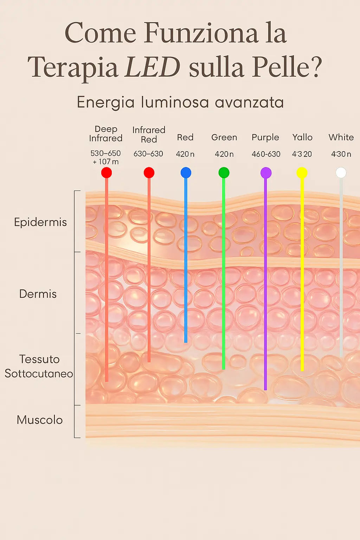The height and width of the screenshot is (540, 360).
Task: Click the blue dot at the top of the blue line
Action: point(186,173)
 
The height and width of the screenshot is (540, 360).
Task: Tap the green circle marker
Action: point(224,173)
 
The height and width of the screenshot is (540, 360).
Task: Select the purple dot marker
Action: point(266,173)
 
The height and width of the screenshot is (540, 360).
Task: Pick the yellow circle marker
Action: point(302,173)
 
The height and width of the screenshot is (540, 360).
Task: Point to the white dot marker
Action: point(341,173)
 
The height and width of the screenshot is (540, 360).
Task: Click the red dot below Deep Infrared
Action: point(107,173)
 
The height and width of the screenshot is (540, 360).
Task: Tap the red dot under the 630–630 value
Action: point(149,173)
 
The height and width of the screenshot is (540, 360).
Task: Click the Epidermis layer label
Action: point(40,222)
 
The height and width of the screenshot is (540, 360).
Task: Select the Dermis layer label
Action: point(38,294)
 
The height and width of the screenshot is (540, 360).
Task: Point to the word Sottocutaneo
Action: point(39,373)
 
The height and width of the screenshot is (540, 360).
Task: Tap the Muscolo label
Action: point(40,420)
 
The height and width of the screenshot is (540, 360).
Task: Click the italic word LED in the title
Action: point(153,67)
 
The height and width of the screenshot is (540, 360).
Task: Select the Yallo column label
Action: point(302,137)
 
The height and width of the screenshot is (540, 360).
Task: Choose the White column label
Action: point(341,137)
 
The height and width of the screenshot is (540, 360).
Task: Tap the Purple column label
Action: point(265,137)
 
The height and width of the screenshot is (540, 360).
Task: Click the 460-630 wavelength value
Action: point(266,154)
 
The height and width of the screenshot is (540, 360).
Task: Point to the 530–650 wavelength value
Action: point(105,153)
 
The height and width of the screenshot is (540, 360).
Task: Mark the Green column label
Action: point(224,137)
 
